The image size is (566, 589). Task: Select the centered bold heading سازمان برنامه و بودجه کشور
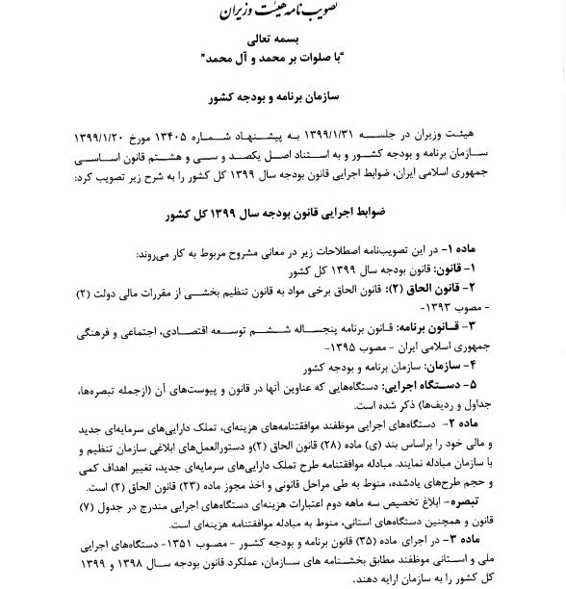(x=282, y=98)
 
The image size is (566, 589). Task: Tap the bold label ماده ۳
(x=479, y=542)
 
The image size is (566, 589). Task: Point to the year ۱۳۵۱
(x=209, y=543)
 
